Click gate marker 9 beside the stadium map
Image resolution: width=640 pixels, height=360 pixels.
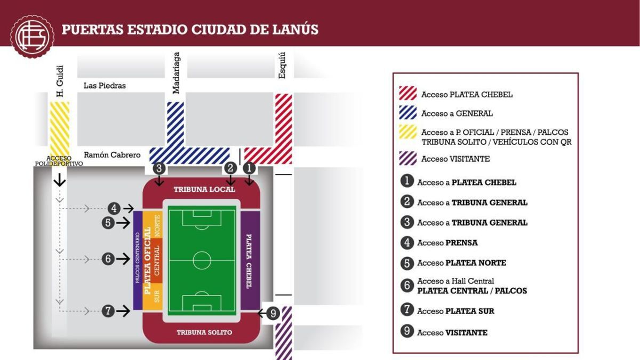pos(273,314)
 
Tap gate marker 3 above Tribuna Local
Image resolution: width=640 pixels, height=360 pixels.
pos(158,168)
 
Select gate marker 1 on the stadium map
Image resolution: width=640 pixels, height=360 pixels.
pos(249,168)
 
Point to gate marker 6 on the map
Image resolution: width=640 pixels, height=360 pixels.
pos(108,259)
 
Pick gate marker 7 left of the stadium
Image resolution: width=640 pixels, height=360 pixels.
pos(108,311)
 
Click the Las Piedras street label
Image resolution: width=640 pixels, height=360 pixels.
pos(105,85)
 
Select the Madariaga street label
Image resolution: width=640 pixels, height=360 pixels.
pos(177,73)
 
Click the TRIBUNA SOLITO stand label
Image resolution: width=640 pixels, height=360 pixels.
pos(204,332)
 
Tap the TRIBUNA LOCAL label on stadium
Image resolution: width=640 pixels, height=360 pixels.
pos(204,189)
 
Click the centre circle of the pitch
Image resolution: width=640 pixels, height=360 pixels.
pos(202,261)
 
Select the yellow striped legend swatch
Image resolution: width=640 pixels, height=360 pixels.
pos(408,135)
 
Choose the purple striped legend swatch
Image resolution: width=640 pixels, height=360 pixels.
pos(408,158)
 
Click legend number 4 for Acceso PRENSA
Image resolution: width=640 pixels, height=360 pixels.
pos(407,243)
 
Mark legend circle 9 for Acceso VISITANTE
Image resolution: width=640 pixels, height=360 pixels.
pos(407,332)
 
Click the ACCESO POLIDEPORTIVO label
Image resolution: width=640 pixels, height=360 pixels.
pos(59,161)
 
